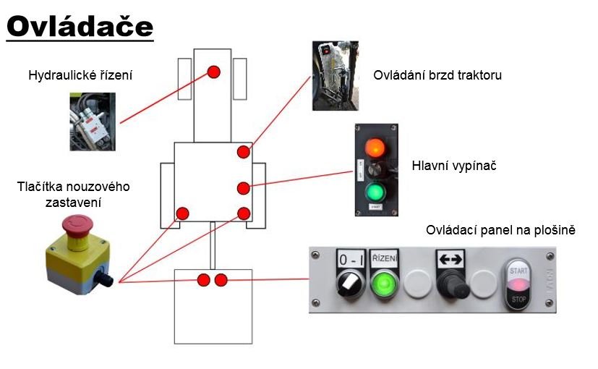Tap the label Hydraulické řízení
[80, 75]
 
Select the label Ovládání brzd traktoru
[437, 75]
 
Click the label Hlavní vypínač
[453, 166]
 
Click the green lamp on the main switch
[375, 192]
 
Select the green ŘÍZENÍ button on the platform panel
[383, 284]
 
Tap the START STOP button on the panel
[518, 284]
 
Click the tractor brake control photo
[335, 75]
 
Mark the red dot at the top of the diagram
[213, 72]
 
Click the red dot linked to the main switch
[243, 188]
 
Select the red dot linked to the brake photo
[244, 153]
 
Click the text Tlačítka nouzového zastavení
[73, 194]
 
